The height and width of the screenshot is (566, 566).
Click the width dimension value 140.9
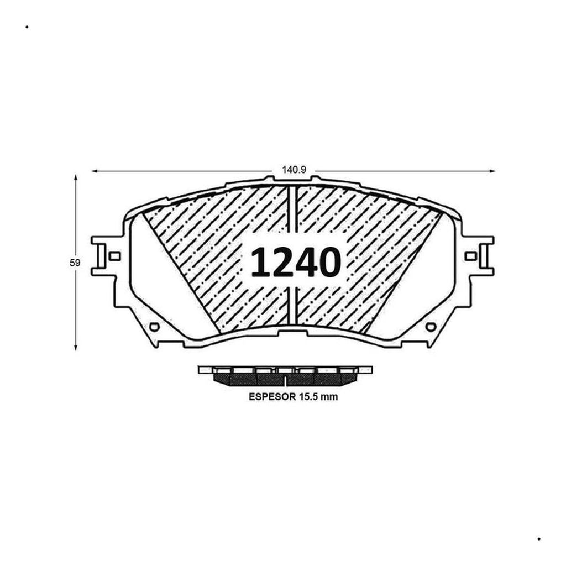pos(294,170)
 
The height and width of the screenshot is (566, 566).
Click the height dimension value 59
pos(75,263)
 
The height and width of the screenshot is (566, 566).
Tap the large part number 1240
pos(296,263)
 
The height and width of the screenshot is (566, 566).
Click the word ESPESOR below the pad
pos(272,397)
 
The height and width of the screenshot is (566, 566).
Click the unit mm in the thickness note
pos(329,397)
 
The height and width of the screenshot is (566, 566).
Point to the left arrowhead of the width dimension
pos(95,171)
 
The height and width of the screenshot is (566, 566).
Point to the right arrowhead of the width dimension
pos(491,171)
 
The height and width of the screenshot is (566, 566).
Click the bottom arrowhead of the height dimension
pos(75,347)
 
